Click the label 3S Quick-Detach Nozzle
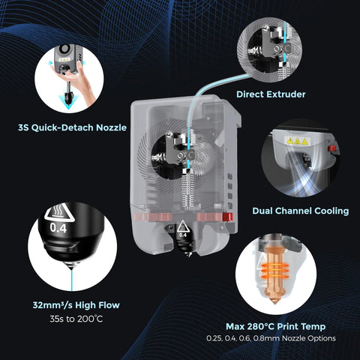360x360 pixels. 72,127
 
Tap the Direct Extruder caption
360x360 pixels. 271,94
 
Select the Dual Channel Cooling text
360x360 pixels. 300,211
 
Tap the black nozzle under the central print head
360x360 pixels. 182,242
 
